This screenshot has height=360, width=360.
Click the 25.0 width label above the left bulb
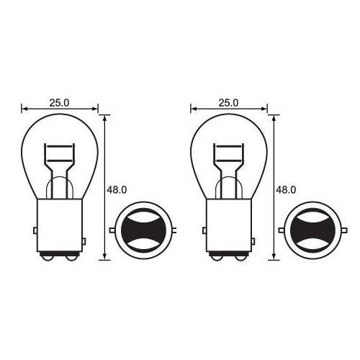click(x=59, y=103)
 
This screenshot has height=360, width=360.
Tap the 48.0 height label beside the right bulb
click(x=286, y=190)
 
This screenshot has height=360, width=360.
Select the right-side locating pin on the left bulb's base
click(x=84, y=240)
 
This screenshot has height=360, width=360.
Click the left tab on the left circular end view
click(x=113, y=230)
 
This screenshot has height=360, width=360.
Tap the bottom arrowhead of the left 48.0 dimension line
click(x=106, y=257)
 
